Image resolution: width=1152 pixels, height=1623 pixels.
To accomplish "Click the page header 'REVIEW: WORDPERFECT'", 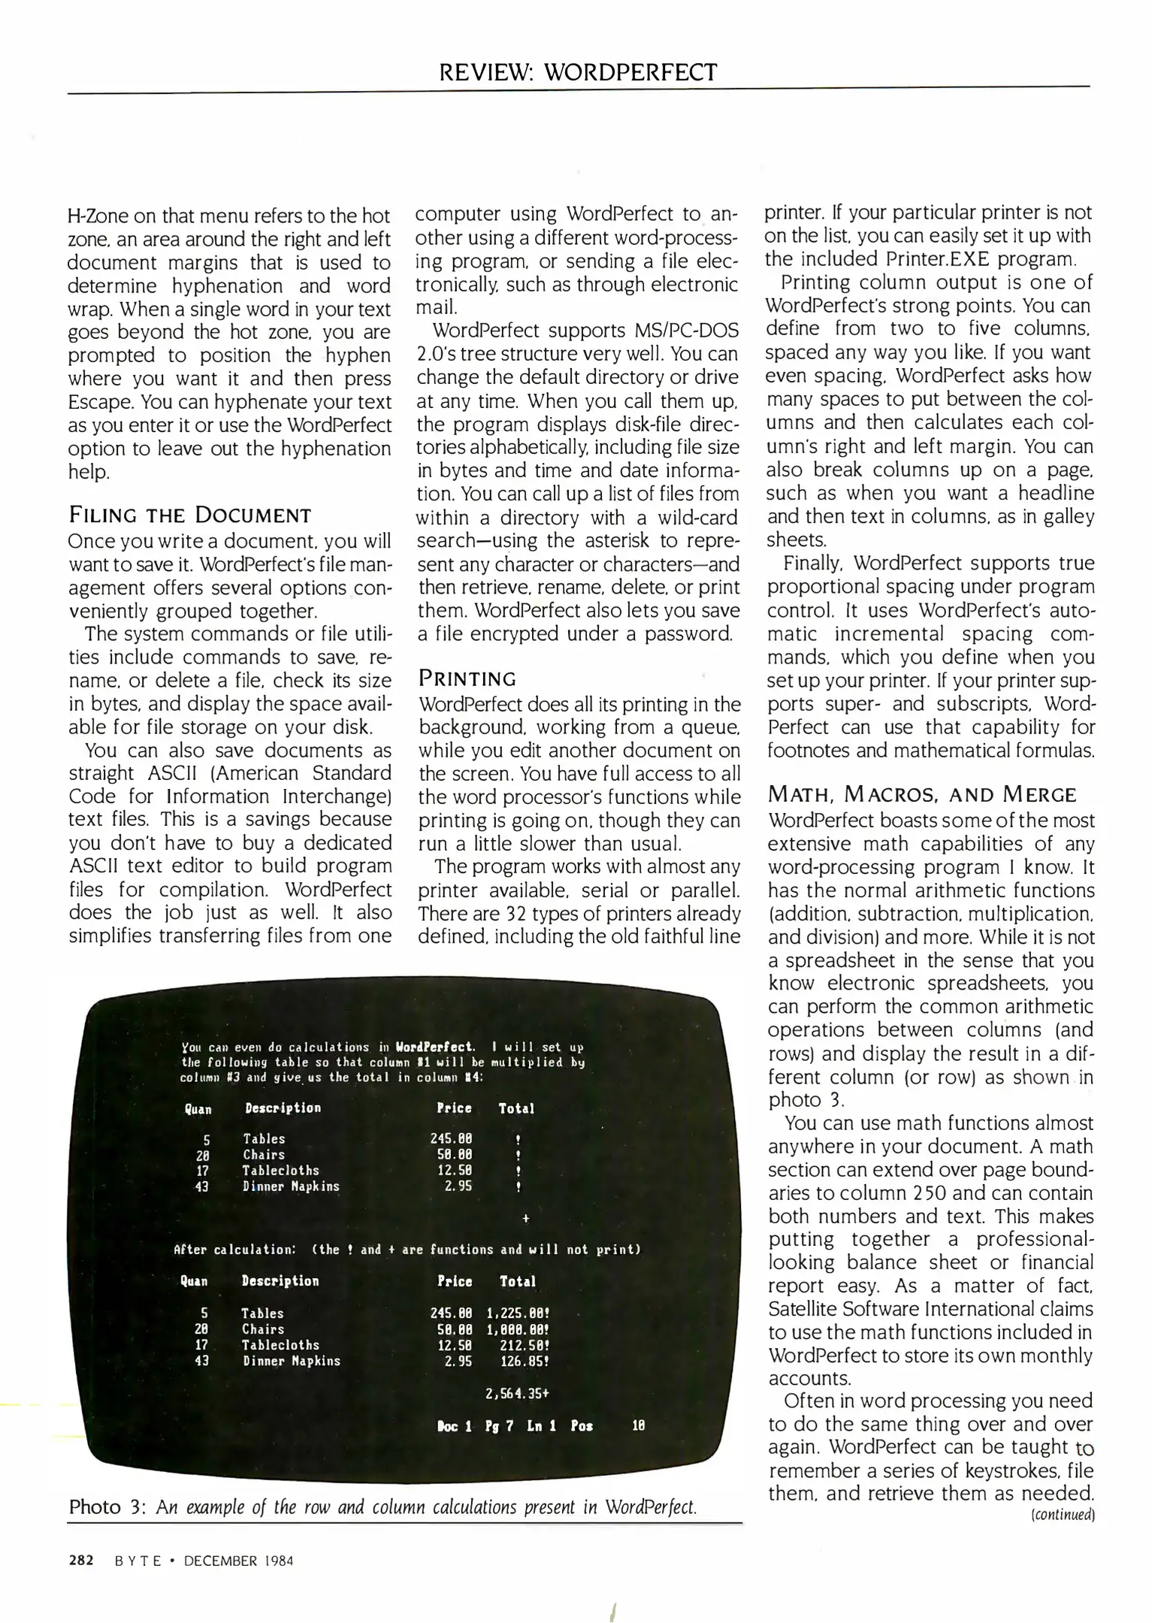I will pos(578,73).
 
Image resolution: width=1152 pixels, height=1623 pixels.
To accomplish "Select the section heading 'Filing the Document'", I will pos(189,515).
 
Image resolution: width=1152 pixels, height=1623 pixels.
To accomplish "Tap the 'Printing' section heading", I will pos(467,679).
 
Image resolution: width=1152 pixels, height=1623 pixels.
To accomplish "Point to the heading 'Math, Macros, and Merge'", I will pos(922,794).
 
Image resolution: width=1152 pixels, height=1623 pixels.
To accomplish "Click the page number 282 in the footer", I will pos(81,1560).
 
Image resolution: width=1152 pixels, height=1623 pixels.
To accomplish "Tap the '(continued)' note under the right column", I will pos(1063,1515).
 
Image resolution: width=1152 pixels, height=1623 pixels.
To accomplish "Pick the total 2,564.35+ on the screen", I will pos(518,1393).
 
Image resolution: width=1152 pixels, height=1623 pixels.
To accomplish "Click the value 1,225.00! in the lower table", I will pos(518,1313).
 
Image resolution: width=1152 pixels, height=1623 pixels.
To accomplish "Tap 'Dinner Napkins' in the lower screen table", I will pos(291,1361).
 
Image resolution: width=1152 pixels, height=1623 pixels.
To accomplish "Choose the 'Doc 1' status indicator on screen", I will pos(454,1425).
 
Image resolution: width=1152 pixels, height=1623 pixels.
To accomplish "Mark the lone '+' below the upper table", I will pos(525,1217).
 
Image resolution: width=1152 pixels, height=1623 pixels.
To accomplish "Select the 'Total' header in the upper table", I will pos(516,1108).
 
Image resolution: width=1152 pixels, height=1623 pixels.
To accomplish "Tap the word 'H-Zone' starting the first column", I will pos(92,216).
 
